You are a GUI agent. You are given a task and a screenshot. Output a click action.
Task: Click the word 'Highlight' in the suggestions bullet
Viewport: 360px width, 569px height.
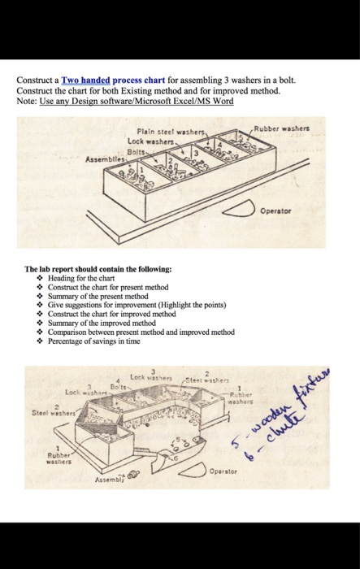pos(184,303)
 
